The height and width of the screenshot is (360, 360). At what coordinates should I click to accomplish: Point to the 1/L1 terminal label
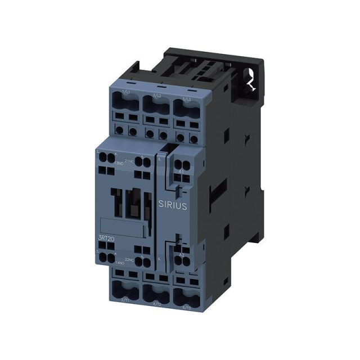[125, 92]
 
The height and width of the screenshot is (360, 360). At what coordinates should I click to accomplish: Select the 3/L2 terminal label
[157, 96]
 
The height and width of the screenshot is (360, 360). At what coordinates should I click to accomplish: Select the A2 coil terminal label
[181, 254]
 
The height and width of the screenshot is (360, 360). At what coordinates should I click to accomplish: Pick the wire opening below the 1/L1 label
[125, 104]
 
